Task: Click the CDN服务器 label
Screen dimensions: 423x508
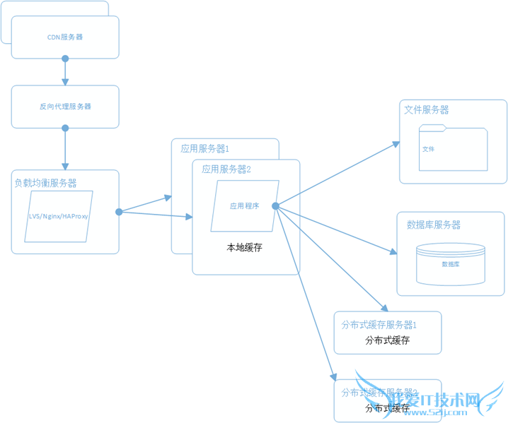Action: [65, 37]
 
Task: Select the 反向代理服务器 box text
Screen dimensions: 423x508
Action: [65, 107]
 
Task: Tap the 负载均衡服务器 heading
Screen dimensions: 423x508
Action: [45, 183]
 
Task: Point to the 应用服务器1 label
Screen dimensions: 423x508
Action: [204, 149]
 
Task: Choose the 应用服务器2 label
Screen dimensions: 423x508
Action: [226, 169]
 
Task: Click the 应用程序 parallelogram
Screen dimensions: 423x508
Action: [245, 206]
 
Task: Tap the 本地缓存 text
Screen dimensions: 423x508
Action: [244, 248]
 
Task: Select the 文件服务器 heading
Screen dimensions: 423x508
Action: [426, 110]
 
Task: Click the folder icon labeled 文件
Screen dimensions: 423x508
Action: [453, 148]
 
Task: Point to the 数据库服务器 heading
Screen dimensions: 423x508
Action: [433, 225]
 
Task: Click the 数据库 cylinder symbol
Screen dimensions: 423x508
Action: [451, 262]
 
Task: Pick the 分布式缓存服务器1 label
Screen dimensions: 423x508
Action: [379, 325]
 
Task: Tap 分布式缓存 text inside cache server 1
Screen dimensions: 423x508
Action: [387, 340]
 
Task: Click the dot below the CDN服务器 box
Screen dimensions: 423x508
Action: [65, 59]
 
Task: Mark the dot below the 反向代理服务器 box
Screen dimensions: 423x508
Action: [65, 129]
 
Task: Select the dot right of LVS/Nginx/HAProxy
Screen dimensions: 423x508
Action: [119, 211]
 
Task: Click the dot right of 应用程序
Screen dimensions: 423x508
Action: [275, 205]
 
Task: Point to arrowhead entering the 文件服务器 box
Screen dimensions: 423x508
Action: [397, 143]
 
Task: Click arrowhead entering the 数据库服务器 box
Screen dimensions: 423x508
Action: [393, 252]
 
